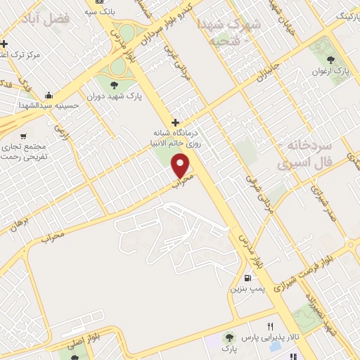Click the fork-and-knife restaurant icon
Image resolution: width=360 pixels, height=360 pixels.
pyautogui.click(x=271, y=327)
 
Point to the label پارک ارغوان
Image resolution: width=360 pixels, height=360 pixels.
pyautogui.click(x=332, y=71)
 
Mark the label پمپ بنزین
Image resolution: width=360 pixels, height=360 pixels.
pyautogui.click(x=247, y=288)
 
